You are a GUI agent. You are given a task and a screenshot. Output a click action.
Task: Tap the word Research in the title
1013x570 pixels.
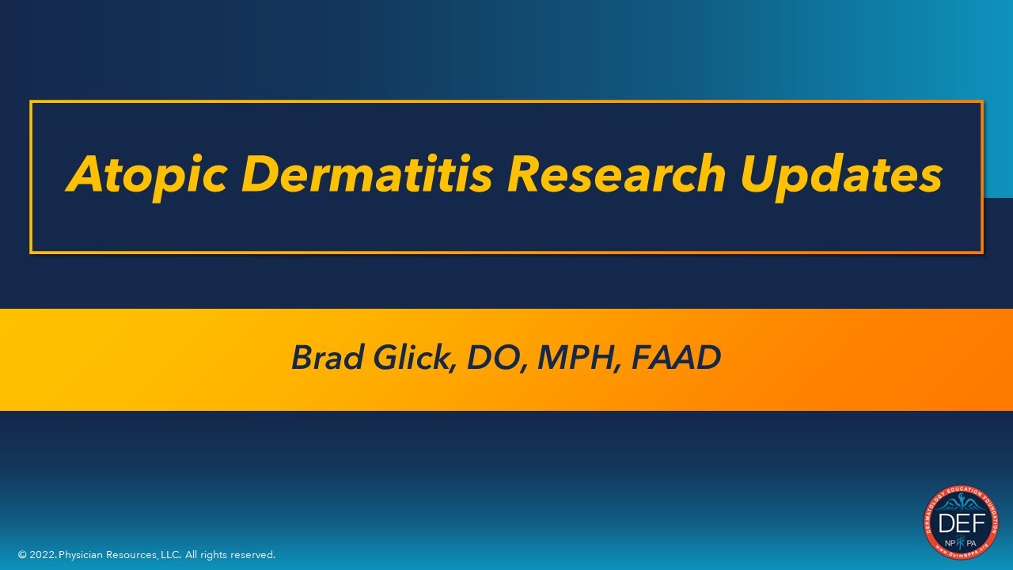[x=616, y=174]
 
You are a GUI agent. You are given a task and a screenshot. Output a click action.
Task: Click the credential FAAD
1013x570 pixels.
[x=677, y=358]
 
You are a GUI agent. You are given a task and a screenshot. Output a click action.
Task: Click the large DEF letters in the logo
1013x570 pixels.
[x=961, y=523]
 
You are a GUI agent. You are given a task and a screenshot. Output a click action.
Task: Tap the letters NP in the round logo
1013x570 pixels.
[x=949, y=543]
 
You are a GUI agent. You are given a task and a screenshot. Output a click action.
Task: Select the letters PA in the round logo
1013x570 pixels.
[x=972, y=543]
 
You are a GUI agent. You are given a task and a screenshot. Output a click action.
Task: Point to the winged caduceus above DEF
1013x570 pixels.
[x=961, y=504]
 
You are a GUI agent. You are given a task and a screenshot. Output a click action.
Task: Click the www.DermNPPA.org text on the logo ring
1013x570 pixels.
[x=961, y=554]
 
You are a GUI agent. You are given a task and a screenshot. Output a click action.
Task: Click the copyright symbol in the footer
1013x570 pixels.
[x=22, y=556]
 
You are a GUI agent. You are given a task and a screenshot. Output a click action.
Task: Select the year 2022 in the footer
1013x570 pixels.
[x=43, y=556]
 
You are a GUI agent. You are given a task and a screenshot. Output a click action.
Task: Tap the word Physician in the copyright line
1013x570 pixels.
[x=82, y=556]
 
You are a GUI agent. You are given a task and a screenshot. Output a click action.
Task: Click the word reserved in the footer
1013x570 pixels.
[x=252, y=556]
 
